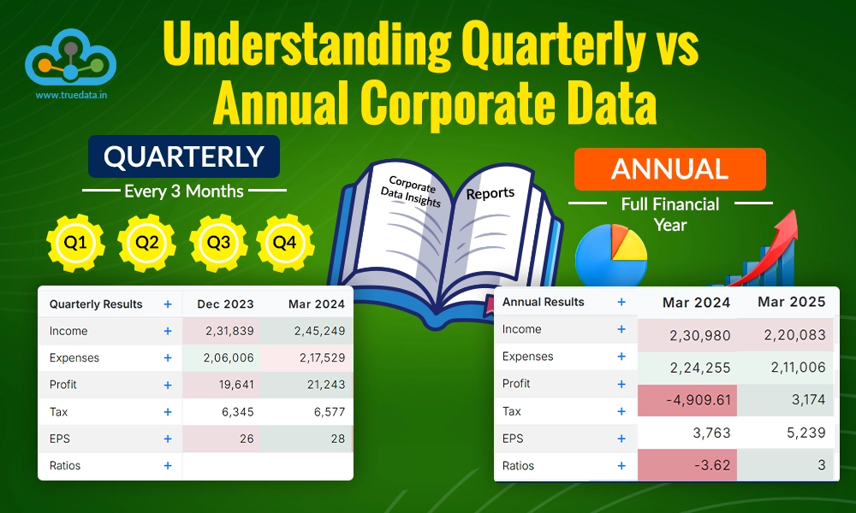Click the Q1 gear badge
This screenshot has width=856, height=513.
(x=74, y=243)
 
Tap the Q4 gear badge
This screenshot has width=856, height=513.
(x=284, y=243)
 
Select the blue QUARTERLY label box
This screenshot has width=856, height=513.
(x=183, y=156)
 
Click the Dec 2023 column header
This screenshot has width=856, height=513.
(x=225, y=304)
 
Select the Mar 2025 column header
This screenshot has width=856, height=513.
(x=792, y=302)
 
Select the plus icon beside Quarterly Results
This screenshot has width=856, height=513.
(x=168, y=304)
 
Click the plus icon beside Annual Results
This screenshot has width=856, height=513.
(x=621, y=302)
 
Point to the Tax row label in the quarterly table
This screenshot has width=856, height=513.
(x=58, y=412)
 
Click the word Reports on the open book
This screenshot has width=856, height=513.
(x=490, y=193)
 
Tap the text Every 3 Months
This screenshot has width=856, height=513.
(x=183, y=191)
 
